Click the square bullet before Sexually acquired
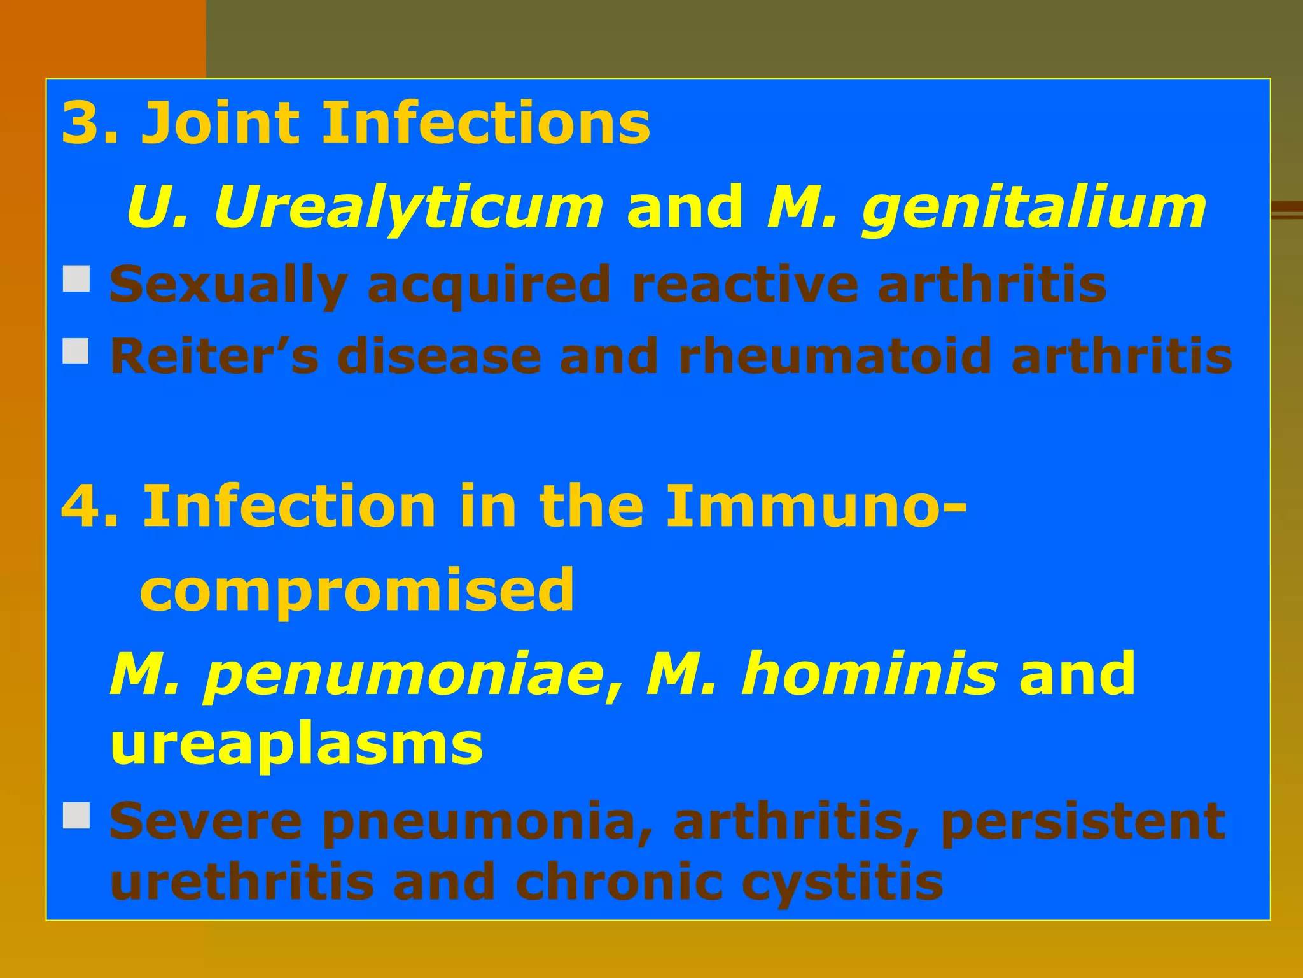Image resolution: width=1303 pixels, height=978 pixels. click(x=76, y=280)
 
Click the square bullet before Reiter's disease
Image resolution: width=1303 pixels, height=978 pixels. click(x=76, y=351)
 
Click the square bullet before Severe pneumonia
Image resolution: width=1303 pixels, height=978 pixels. click(x=76, y=816)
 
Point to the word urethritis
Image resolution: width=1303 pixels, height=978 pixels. click(x=242, y=882)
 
